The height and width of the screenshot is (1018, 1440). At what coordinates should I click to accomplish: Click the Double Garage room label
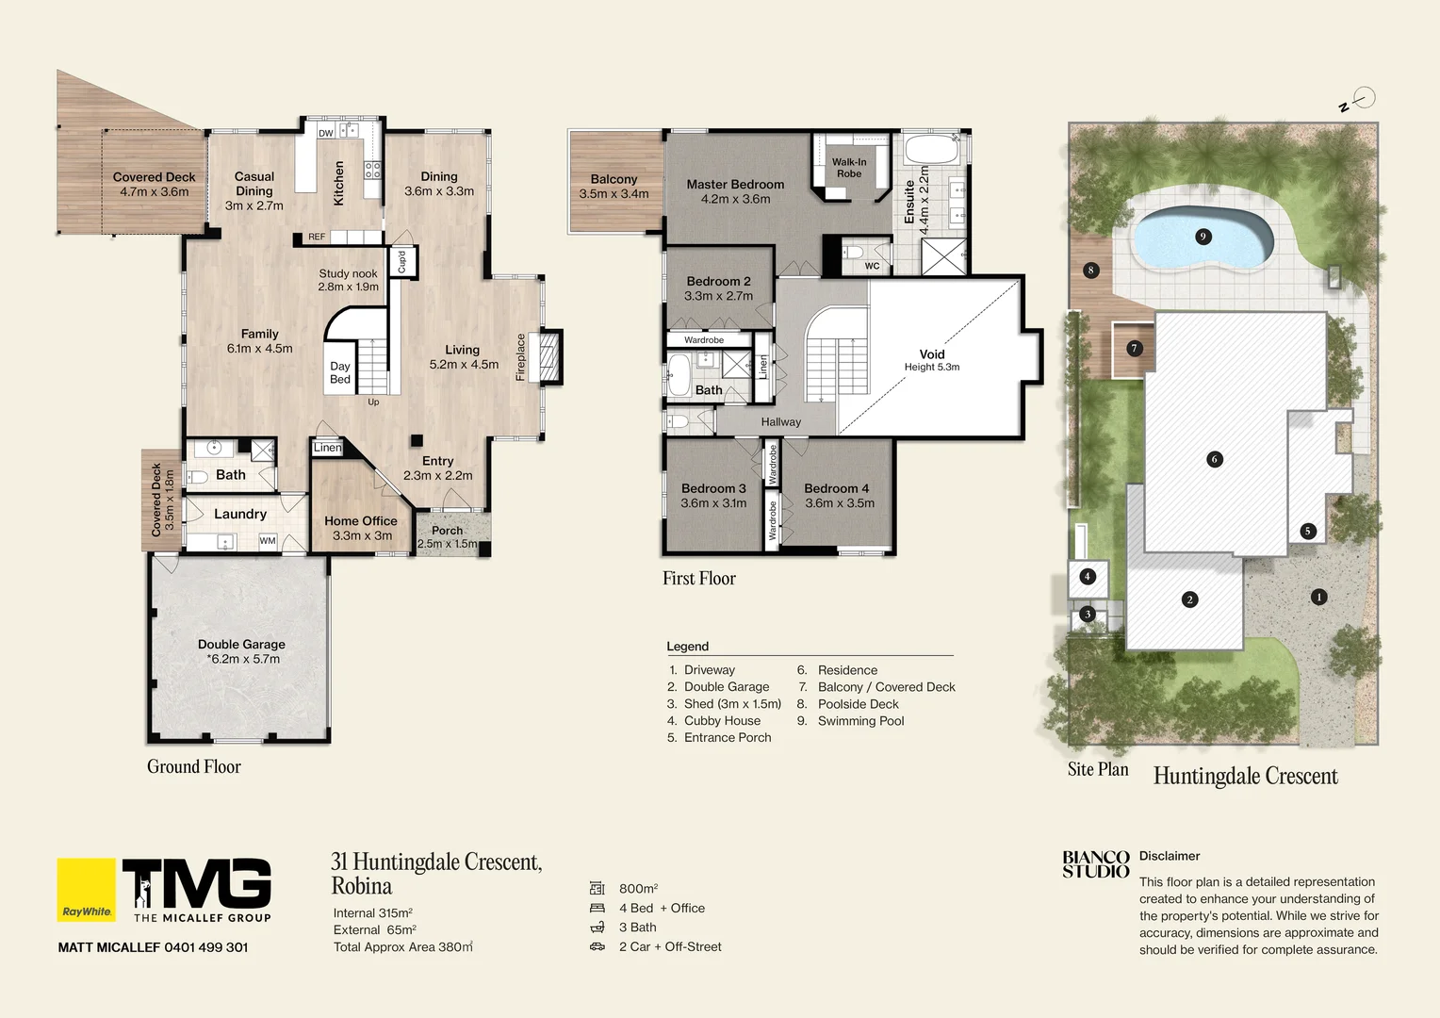click(x=241, y=651)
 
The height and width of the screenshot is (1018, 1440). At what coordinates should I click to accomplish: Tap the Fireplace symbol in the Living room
click(x=548, y=356)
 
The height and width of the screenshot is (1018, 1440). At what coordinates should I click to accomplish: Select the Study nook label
click(x=348, y=280)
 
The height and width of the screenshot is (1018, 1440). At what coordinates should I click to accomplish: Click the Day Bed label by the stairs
click(x=340, y=372)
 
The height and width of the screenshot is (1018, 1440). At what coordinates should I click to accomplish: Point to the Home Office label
click(x=360, y=528)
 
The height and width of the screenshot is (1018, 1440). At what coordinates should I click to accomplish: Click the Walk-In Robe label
click(x=848, y=168)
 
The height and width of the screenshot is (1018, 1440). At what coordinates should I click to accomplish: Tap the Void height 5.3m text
click(x=932, y=367)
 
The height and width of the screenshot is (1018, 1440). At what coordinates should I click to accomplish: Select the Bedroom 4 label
click(x=838, y=496)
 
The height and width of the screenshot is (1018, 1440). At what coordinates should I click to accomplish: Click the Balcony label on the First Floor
click(x=614, y=186)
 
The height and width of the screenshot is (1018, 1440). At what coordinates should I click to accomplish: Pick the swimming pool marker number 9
click(x=1203, y=237)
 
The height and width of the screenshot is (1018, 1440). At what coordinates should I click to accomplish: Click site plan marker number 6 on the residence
click(x=1214, y=459)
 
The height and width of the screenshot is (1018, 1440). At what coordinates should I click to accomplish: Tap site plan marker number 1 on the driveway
click(x=1318, y=597)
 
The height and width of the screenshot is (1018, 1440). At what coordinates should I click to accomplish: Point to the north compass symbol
click(x=1362, y=98)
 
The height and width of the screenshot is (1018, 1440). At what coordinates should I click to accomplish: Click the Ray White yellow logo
click(x=87, y=890)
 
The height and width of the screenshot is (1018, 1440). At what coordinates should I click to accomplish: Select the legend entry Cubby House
click(x=722, y=721)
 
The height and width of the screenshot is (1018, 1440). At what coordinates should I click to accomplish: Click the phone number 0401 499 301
click(x=205, y=947)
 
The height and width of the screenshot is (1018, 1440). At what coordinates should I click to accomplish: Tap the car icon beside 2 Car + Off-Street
click(x=597, y=946)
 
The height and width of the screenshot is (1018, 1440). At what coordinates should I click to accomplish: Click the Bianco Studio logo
click(x=1095, y=864)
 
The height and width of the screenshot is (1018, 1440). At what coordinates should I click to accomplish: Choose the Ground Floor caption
click(x=194, y=767)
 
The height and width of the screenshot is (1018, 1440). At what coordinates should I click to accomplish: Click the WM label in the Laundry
click(x=268, y=541)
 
